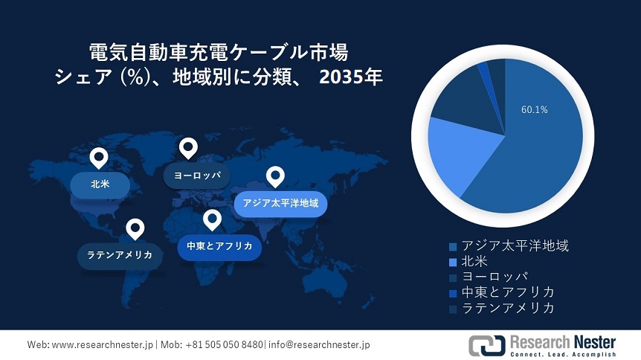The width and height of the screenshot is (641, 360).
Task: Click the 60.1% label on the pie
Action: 534,109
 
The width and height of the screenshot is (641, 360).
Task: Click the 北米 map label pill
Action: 100,183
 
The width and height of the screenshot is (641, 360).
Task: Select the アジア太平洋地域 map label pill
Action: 281,202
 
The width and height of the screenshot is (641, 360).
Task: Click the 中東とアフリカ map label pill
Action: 219,246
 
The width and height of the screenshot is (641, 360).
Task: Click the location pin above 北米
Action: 98,158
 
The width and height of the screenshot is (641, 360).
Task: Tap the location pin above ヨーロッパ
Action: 188,148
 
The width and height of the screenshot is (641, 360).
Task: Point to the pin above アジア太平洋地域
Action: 276,177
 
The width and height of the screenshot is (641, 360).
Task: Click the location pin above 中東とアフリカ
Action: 213,220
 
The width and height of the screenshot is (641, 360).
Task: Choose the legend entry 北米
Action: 476,261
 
